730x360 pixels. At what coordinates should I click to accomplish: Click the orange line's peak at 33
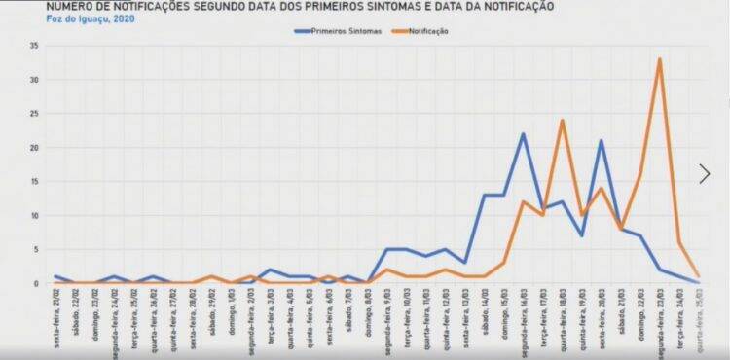[659, 59]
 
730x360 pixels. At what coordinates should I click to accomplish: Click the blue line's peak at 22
[523, 134]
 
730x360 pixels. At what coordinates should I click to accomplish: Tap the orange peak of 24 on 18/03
[562, 121]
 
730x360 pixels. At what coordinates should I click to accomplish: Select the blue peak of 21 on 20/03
[602, 141]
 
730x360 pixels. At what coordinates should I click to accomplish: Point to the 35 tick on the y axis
[33, 47]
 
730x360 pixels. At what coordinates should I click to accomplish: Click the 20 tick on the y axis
[33, 148]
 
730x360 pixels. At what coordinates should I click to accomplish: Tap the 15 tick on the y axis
[33, 182]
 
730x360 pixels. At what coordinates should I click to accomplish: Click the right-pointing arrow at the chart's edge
[705, 174]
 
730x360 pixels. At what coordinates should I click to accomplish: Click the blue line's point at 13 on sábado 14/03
[485, 196]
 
